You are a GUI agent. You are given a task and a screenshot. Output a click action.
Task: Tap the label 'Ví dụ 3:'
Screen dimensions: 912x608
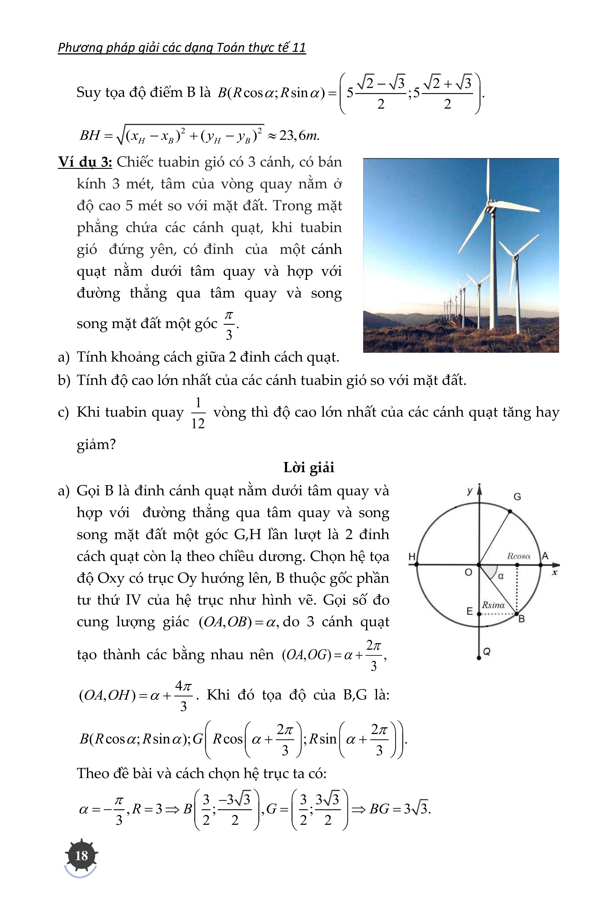point(85,162)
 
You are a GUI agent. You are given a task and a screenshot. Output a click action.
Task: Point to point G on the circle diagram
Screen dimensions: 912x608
point(510,511)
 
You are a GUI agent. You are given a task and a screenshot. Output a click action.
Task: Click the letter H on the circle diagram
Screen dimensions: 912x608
point(412,557)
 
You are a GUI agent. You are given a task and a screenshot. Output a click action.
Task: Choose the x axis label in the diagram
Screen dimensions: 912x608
point(555,572)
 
